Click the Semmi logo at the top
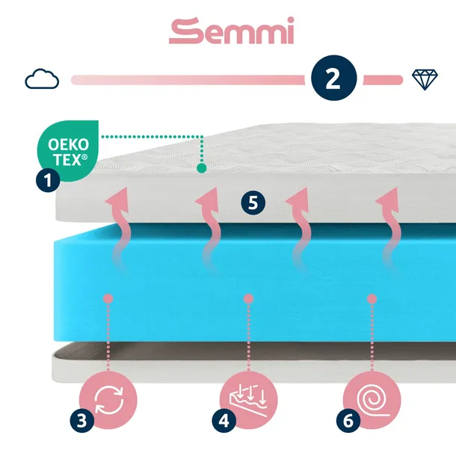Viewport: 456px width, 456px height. click(231, 31)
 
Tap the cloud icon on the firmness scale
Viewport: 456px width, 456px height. click(42, 78)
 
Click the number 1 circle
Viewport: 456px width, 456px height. click(48, 179)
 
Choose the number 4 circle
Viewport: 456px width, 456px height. click(222, 422)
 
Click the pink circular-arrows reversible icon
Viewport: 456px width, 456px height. click(108, 397)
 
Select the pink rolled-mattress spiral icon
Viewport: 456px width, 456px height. click(369, 397)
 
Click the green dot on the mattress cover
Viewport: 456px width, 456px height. click(201, 169)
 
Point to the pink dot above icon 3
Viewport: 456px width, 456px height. click(108, 299)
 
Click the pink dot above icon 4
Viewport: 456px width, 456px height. click(246, 299)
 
